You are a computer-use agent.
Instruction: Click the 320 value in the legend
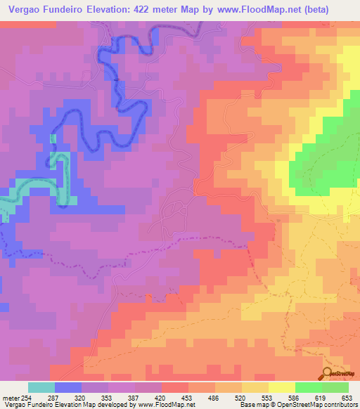click(89, 398)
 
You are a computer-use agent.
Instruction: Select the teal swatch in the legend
click(41, 387)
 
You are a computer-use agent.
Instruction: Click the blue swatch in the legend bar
click(67, 387)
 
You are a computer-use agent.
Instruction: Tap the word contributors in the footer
click(340, 405)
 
